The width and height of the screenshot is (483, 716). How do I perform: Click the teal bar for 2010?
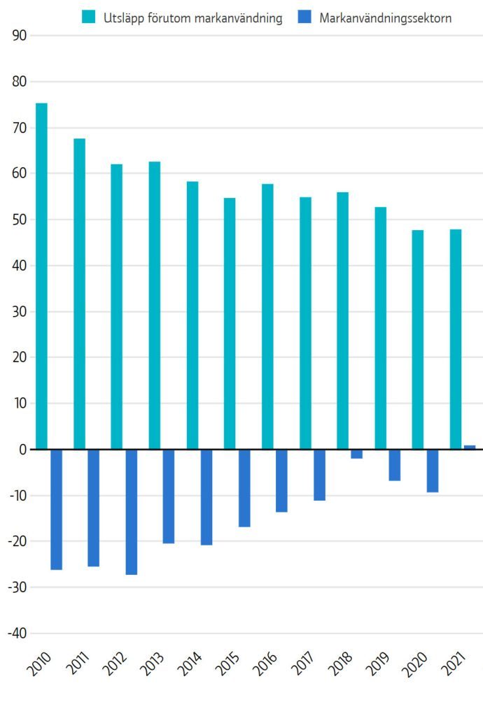point(41,276)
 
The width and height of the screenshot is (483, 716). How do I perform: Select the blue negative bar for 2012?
point(132,512)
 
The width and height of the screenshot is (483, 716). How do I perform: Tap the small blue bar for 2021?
point(470,447)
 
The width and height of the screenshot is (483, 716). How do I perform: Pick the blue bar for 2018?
point(357,454)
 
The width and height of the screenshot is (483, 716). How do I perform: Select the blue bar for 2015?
point(244,488)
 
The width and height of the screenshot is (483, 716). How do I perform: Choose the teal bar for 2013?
point(154,305)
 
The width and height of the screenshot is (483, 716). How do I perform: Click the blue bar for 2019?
point(395,465)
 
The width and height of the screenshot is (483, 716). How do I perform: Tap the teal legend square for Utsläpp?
point(88,17)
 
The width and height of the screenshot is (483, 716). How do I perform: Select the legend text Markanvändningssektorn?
point(385,18)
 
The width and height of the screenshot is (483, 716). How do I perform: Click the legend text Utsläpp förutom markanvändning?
point(192,18)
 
